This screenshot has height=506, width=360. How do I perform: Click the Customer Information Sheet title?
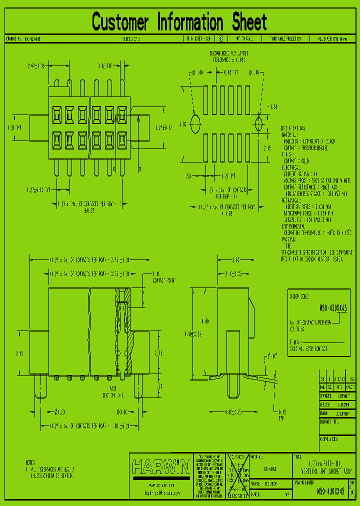click(x=179, y=22)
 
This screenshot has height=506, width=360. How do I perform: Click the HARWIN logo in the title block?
click(x=160, y=467)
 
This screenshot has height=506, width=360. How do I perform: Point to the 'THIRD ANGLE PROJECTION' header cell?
click(x=285, y=38)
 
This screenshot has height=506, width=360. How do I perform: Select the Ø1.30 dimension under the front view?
click(x=59, y=411)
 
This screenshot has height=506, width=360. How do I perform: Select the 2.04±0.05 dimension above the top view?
click(x=36, y=65)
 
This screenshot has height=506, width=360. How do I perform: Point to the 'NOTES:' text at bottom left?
click(x=31, y=462)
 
